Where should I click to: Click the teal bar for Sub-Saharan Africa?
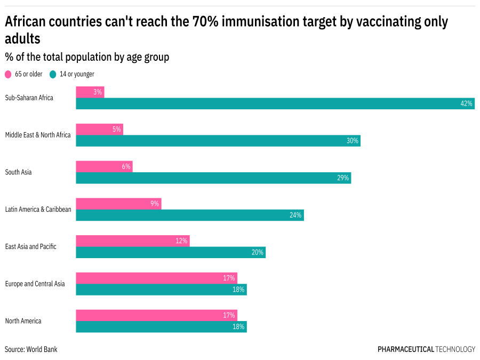pos(275,103)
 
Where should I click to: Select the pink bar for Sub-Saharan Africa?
pos(90,92)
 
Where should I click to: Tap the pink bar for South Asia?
pos(104,166)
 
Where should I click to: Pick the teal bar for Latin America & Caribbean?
pos(189,215)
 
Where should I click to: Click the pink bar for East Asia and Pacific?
pos(132,241)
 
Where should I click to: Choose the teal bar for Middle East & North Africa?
pos(218,141)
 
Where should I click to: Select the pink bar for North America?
pos(156,315)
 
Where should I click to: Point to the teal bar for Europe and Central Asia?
pos(161,290)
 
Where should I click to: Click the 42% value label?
pos(466,103)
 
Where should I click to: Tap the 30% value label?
pos(353,141)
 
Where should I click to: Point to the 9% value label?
pos(155,204)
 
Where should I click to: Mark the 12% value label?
pos(181,241)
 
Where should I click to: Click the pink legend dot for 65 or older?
pos(8,75)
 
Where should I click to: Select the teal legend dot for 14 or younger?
pos(53,75)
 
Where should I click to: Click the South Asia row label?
pos(19,172)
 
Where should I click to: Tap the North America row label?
pos(23,321)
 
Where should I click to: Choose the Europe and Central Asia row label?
pos(35,284)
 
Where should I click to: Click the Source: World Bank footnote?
pos(31,349)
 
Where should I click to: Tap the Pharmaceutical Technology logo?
pos(426,349)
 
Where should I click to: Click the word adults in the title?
pos(22,39)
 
